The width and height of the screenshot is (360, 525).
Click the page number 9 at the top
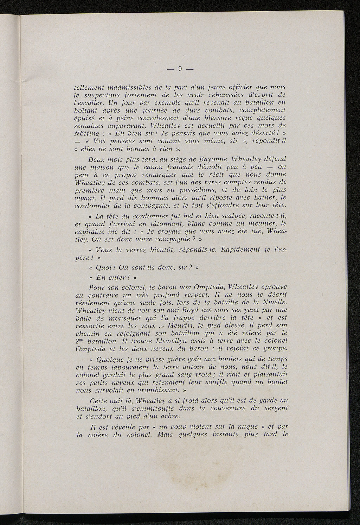[180, 69]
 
